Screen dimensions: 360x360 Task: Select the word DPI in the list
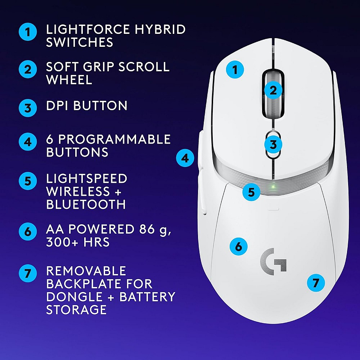[x=58, y=106]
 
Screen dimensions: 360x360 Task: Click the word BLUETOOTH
[x=86, y=204]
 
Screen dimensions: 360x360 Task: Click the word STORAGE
[x=76, y=310]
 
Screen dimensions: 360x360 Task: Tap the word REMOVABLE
[x=86, y=271]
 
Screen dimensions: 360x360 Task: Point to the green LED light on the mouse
[x=274, y=187]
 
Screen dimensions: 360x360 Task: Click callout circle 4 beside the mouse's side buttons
[x=185, y=158]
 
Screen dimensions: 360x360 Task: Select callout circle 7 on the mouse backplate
[x=316, y=283]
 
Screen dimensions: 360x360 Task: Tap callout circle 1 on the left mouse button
[x=235, y=69]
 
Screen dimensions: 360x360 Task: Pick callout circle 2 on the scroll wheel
[x=273, y=90]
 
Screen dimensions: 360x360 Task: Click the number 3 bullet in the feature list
[x=28, y=107]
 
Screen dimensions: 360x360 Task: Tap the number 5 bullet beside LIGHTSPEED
[x=28, y=181]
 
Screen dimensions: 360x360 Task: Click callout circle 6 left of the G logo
[x=238, y=247]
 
